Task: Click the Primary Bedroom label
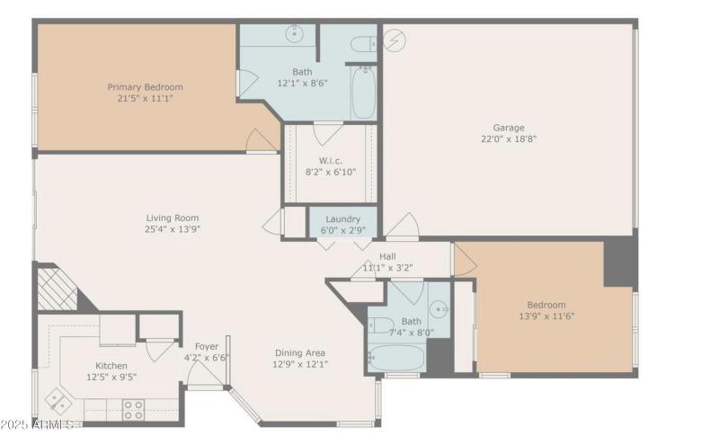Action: click(x=145, y=87)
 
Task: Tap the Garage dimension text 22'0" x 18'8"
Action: click(x=508, y=139)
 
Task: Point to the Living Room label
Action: click(x=173, y=218)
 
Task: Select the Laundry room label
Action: click(x=342, y=218)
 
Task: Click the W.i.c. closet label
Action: click(x=331, y=160)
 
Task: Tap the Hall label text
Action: click(x=387, y=256)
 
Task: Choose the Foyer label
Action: click(x=207, y=346)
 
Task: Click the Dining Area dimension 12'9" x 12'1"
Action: click(x=299, y=364)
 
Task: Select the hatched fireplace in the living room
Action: click(x=57, y=290)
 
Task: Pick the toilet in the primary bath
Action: click(x=363, y=43)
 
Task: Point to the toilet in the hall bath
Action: click(x=380, y=325)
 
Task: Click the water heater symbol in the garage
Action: click(x=393, y=40)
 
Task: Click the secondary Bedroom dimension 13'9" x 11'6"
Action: click(x=546, y=316)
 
